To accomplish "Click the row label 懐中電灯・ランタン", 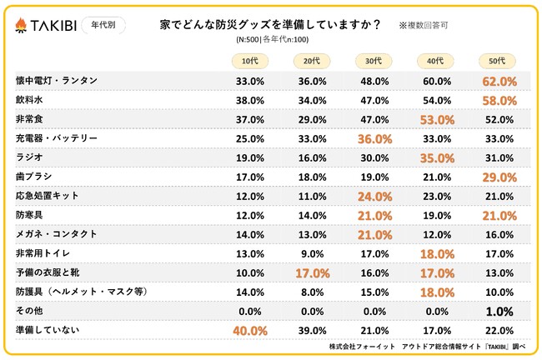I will click(x=57, y=81).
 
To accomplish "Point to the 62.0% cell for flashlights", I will click(x=498, y=82).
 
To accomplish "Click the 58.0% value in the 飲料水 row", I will click(x=498, y=100).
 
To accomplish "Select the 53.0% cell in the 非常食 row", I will click(x=436, y=119).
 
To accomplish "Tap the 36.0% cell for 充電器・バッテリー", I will click(x=374, y=138).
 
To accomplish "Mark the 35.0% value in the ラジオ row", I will click(x=436, y=157).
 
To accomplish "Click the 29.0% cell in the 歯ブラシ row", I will click(x=498, y=177).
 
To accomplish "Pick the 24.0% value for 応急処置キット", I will click(x=374, y=196).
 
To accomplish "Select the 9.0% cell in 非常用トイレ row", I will click(x=312, y=253).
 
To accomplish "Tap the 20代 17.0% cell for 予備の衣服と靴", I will click(x=312, y=272).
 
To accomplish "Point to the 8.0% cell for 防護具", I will click(x=312, y=292).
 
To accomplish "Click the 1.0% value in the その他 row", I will click(x=498, y=311).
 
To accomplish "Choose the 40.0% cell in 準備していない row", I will click(x=249, y=330).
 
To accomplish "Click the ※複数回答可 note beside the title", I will click(x=424, y=26).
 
